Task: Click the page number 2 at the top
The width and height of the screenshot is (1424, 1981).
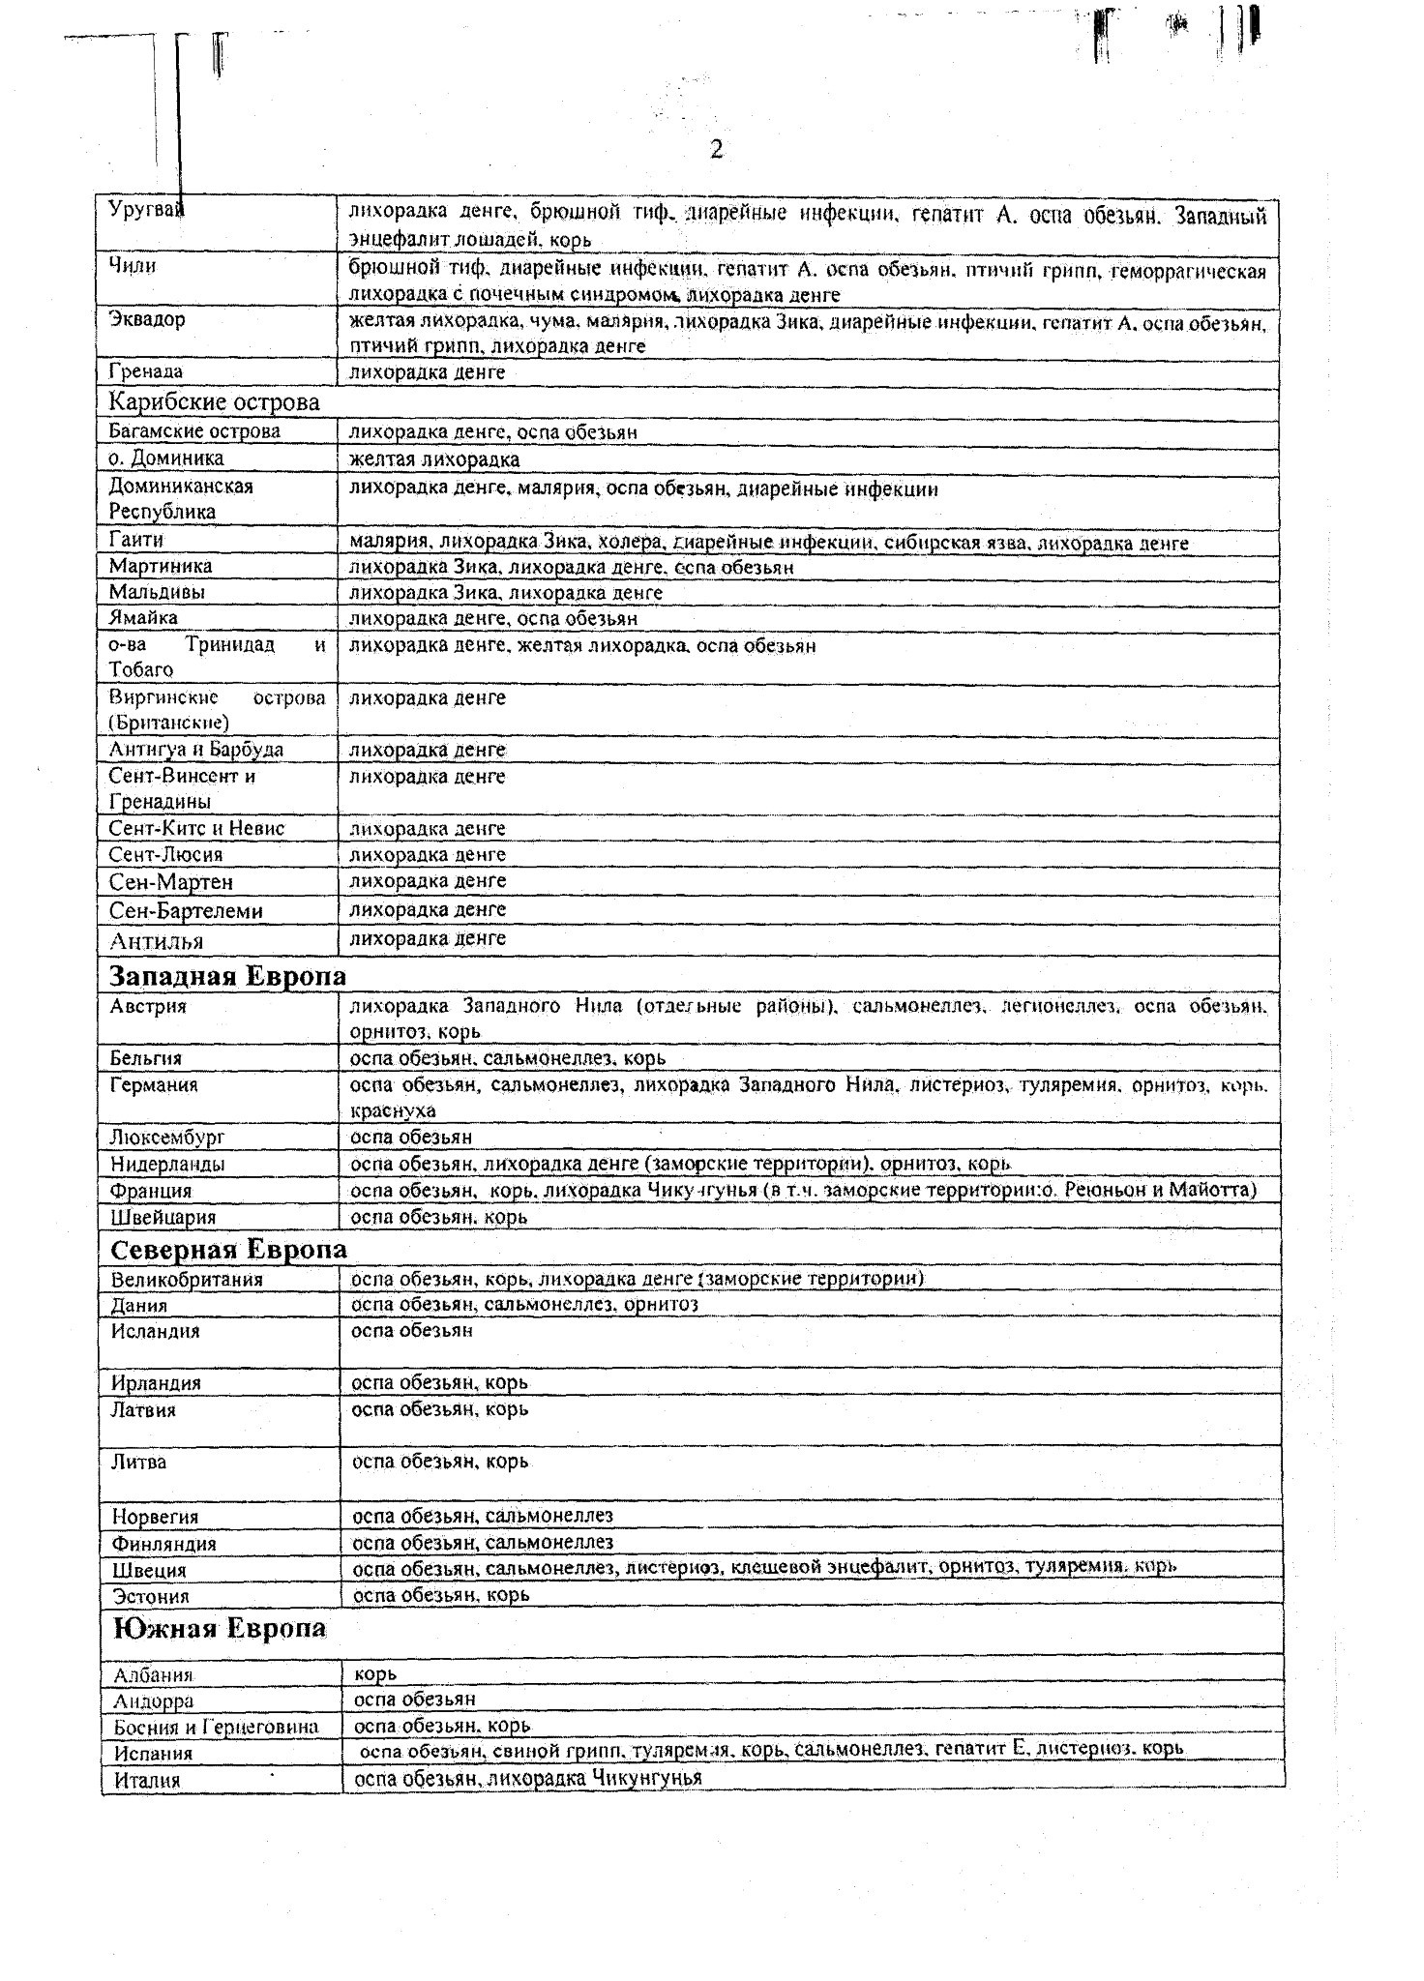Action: tap(716, 150)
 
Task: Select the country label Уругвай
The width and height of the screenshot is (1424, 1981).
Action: tap(145, 209)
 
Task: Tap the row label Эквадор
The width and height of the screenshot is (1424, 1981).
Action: tap(147, 320)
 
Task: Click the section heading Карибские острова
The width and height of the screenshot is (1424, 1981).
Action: tap(214, 402)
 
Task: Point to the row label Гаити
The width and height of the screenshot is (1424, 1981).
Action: tap(135, 540)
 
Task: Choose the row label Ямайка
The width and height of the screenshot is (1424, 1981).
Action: tap(143, 618)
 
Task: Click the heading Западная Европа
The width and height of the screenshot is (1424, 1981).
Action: tap(227, 976)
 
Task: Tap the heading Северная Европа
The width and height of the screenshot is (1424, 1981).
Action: tap(228, 1250)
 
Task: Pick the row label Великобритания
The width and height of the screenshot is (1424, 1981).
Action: tap(187, 1280)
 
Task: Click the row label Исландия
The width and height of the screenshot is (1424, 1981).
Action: tap(155, 1332)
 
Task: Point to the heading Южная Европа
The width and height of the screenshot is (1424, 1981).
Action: tap(220, 1629)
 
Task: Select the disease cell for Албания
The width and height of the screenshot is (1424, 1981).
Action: tap(375, 1674)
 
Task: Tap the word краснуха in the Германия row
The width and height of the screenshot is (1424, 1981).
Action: tap(393, 1111)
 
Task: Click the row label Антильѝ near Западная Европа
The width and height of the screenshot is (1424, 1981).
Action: tap(156, 941)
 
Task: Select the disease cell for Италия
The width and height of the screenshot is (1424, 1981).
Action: tap(527, 1778)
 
